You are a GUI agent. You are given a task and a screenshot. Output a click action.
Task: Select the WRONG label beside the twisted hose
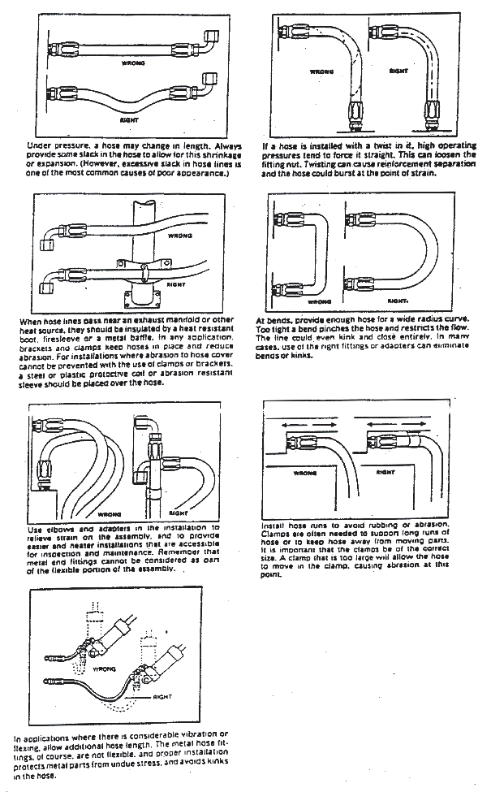[321, 71]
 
